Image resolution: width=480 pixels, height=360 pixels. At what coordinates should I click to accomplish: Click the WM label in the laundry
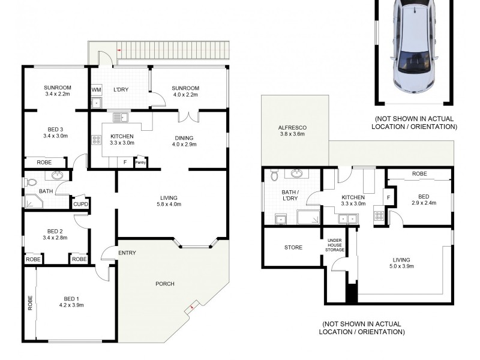pos(96,90)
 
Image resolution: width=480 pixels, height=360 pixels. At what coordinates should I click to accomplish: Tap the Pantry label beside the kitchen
pos(140,161)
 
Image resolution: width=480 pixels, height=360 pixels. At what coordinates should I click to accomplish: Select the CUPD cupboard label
pos(81,205)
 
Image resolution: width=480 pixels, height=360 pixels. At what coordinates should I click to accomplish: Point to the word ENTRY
pos(127,253)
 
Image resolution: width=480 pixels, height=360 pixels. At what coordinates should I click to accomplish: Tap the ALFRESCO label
pos(292,127)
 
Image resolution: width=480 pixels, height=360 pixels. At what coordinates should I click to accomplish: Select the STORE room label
pos(293,247)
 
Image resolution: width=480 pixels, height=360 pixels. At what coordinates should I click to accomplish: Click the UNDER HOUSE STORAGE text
pos(334,245)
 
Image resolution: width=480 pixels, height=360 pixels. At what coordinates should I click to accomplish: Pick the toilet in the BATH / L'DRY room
pos(274,175)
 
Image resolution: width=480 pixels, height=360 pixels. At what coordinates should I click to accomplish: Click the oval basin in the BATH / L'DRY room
pos(297,175)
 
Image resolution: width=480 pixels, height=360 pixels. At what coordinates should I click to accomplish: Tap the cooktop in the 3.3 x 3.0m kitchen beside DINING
pos(96,140)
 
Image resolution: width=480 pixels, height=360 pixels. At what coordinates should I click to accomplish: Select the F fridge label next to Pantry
pos(125,161)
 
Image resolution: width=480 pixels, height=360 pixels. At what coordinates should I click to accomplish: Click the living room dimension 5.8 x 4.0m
pos(169,205)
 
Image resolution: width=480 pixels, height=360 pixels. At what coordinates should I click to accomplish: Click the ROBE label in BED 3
pos(44,162)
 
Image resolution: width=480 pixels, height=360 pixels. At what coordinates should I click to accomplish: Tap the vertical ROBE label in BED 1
pos(29,303)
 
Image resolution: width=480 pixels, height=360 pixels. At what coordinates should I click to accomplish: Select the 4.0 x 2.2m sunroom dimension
pos(185,94)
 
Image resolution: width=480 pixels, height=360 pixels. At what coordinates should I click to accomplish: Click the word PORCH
pos(165,284)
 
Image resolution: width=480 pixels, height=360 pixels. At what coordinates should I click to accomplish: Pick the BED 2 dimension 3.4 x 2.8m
pos(55,238)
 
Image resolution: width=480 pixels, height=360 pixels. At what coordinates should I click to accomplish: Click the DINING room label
pos(184,136)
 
